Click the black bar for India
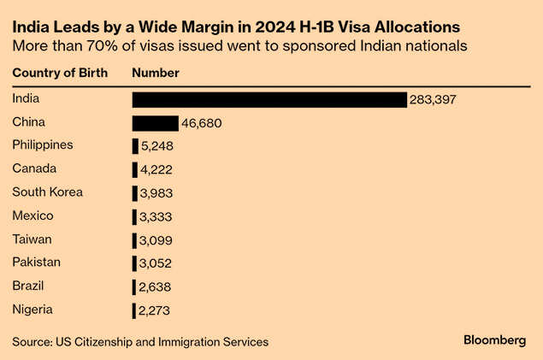269,100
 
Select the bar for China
155,123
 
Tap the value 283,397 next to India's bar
434,100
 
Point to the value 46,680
201,123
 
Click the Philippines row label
43,145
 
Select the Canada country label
34,169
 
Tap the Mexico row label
33,215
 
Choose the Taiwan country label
32,239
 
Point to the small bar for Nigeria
133,310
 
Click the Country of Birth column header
60,73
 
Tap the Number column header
156,73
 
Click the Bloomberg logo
494,340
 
